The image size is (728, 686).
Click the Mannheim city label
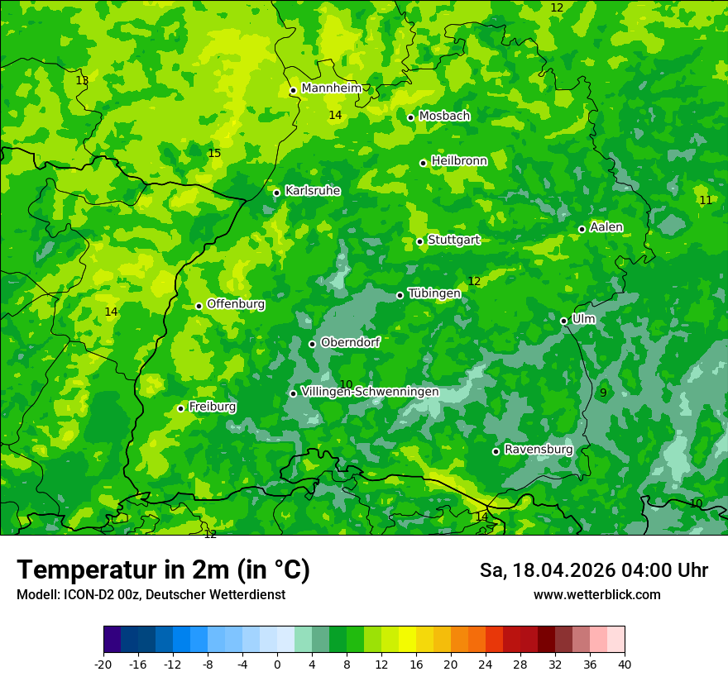point(332,88)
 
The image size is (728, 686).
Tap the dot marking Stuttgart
point(420,241)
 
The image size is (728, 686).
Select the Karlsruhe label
point(313,191)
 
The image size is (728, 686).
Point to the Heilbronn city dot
point(424,163)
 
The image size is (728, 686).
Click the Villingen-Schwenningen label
point(370,392)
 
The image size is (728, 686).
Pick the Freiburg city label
point(213,407)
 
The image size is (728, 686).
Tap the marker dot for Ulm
point(564,321)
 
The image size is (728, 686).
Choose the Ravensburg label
point(539,450)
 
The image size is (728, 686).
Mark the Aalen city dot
point(582,229)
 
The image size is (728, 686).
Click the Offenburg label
point(236,304)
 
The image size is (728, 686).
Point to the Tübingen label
point(434,293)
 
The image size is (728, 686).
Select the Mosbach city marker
point(411,117)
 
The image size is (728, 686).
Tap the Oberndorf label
point(350,342)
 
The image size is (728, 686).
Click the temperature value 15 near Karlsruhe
point(214,154)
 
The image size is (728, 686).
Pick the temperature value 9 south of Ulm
point(603,393)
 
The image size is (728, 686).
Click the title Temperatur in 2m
point(163,570)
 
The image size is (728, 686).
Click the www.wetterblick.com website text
point(596,595)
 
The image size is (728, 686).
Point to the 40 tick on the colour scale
point(625,664)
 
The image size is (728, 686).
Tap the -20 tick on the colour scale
point(103,664)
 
